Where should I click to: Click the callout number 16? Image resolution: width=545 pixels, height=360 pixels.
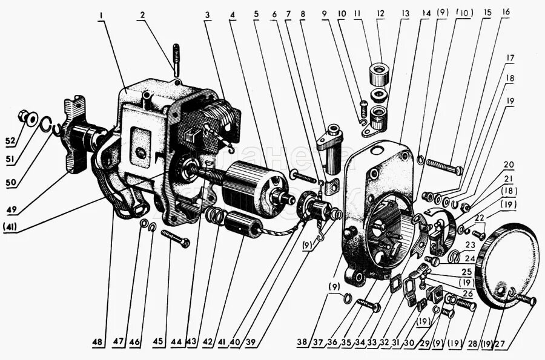[x=506, y=11]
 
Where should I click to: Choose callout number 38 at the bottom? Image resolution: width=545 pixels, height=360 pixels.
[x=302, y=341]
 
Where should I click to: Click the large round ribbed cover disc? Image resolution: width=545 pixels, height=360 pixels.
[x=509, y=266]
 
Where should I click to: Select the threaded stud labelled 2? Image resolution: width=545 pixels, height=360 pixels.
[x=176, y=60]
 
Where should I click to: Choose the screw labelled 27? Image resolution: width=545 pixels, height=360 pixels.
[x=526, y=299]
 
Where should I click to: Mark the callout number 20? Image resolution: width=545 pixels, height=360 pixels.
[x=509, y=164]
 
